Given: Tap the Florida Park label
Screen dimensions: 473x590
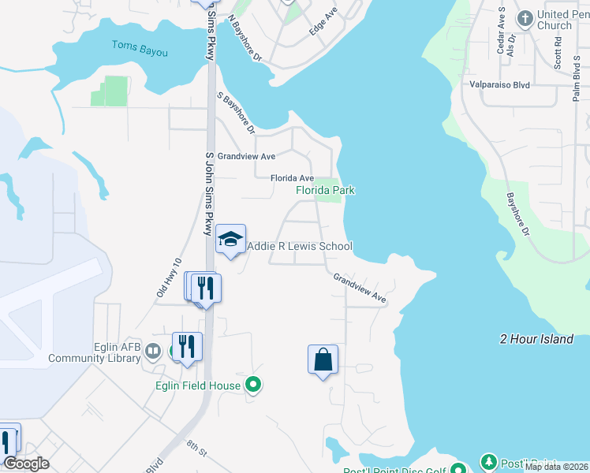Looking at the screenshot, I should point(325,190).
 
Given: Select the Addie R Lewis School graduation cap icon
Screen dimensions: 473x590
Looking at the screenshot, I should point(230,240).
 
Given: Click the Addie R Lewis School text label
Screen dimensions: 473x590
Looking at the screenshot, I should point(300,247).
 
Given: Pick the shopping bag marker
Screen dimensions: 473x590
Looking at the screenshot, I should point(323,360).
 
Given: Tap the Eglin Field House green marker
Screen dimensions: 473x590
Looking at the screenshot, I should point(253,385).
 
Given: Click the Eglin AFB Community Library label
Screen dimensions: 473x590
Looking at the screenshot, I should point(98,352).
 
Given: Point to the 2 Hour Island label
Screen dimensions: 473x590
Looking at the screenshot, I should point(536,339).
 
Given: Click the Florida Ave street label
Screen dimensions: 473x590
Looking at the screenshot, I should point(292,178).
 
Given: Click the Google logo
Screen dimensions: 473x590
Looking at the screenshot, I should point(26,464).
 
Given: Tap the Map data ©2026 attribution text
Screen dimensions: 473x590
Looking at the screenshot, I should point(556,467).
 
